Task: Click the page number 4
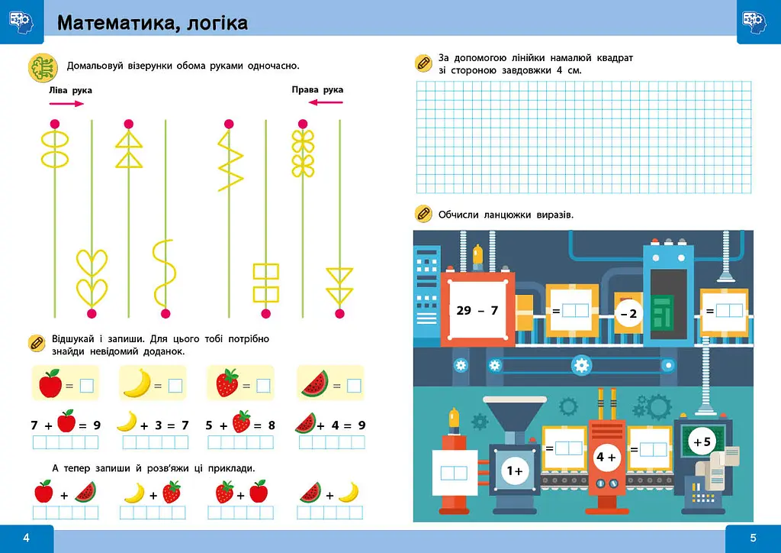coord(27,538)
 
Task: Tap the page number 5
coord(753,538)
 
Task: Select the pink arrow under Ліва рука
coord(67,104)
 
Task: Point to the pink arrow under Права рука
coord(326,102)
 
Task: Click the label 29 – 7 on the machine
coord(477,311)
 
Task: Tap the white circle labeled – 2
coord(628,314)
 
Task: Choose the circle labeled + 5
coord(702,441)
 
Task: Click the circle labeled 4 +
coord(606,457)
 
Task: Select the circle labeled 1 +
coord(515,471)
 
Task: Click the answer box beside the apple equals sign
coord(87,386)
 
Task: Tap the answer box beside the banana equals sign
coord(175,386)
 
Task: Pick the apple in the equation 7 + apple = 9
coord(66,422)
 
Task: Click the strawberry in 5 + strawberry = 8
coord(242,422)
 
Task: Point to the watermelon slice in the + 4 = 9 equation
coord(305,423)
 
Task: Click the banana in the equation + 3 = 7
coord(127,422)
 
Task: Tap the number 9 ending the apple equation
coord(97,425)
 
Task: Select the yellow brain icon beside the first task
coord(43,67)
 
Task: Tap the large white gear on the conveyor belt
coord(581,365)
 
